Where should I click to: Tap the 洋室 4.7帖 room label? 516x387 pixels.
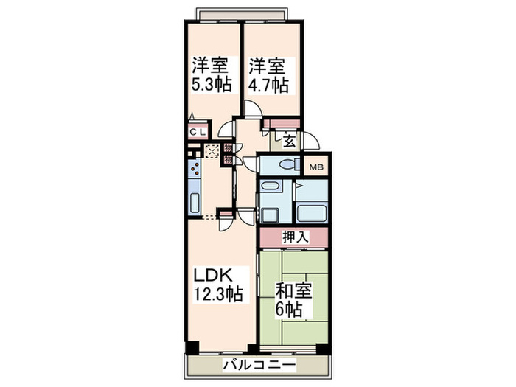pyautogui.click(x=268, y=74)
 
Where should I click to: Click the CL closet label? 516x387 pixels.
pyautogui.click(x=198, y=132)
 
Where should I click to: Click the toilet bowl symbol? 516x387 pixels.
pyautogui.click(x=289, y=165)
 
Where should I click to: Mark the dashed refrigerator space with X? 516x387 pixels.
pyautogui.click(x=212, y=153)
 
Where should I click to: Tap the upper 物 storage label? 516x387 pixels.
pyautogui.click(x=228, y=148)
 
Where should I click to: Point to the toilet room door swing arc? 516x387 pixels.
pyautogui.click(x=251, y=164)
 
